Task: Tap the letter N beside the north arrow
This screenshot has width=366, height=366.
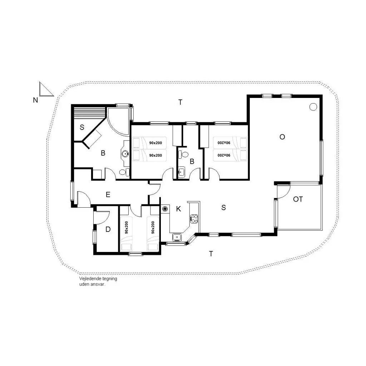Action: click(35, 100)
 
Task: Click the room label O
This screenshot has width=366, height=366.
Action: click(282, 137)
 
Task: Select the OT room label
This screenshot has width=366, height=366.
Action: click(298, 199)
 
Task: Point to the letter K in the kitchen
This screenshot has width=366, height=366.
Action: click(179, 209)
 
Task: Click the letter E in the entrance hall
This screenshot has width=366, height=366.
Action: click(108, 194)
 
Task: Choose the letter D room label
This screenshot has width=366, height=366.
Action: click(108, 229)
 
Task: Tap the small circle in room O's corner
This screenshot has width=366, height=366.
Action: click(313, 107)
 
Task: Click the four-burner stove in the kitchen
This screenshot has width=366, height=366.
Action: click(194, 219)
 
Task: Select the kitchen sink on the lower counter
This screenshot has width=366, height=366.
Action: click(177, 237)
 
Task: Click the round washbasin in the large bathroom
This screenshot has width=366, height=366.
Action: click(125, 154)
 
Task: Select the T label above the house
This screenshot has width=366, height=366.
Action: click(180, 102)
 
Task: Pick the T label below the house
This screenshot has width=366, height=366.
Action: click(211, 254)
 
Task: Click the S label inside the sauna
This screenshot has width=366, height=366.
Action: click(82, 127)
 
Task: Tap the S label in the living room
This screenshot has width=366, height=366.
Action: click(224, 208)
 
